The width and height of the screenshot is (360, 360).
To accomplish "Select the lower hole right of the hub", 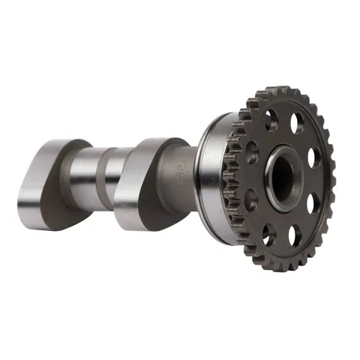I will point(313,205).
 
